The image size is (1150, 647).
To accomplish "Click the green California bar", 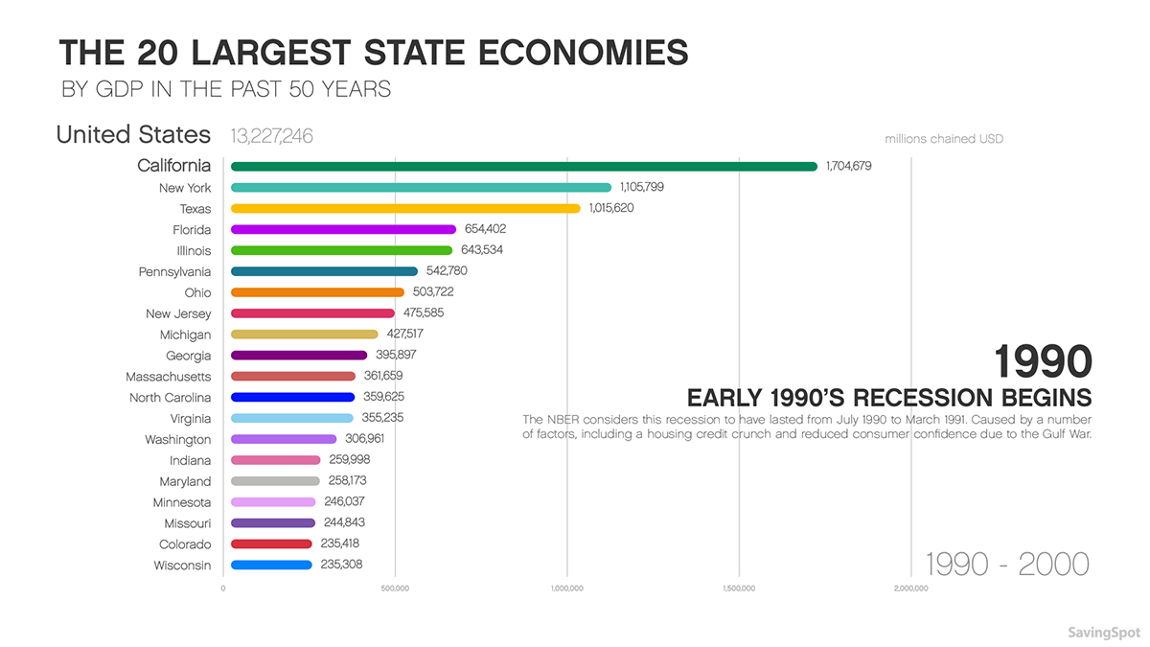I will [x=523, y=167].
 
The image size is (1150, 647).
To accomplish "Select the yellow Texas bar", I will [x=405, y=208].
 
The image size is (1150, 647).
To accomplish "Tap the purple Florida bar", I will [x=343, y=229].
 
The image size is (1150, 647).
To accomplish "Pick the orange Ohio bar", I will [x=317, y=292].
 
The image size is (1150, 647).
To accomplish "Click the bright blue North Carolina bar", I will [x=292, y=397].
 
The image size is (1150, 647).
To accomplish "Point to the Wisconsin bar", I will [x=271, y=566].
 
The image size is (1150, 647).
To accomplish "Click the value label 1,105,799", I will [x=641, y=187].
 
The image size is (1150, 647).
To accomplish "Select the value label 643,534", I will [x=481, y=250].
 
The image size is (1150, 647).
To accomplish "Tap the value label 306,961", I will [x=366, y=439].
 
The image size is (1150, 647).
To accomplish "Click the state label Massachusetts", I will [x=169, y=377].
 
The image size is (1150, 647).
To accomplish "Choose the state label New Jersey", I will [x=178, y=313].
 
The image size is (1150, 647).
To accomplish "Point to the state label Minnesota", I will [x=182, y=502].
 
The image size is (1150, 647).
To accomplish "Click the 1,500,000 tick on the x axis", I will [x=738, y=589].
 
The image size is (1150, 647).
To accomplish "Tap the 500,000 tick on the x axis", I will [x=395, y=589].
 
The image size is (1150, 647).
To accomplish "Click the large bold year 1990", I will [x=1043, y=363].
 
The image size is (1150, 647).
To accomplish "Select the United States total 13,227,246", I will [x=271, y=136].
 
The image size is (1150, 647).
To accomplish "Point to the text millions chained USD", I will [x=944, y=139].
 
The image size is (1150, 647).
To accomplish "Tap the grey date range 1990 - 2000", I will [x=1007, y=564].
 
